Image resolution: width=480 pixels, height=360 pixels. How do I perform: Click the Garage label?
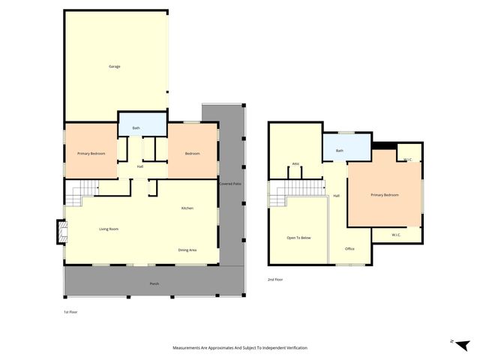(114, 67)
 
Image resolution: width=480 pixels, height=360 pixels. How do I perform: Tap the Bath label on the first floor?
(136, 128)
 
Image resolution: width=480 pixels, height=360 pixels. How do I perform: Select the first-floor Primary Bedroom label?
(91, 154)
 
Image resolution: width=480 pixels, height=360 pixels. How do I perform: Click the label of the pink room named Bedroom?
(192, 154)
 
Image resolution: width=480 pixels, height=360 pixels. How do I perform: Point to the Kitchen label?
(187, 208)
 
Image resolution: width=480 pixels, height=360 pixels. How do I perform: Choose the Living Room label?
(109, 229)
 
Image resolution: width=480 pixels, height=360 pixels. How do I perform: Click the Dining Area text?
(187, 250)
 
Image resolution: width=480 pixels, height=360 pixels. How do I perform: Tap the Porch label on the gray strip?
(154, 283)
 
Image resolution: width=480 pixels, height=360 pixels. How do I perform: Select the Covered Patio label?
(229, 184)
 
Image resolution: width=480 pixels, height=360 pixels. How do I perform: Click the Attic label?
(296, 163)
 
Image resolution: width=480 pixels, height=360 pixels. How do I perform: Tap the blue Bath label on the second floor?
(340, 151)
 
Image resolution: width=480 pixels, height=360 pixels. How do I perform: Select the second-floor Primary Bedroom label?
(385, 195)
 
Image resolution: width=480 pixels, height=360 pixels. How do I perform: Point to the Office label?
(349, 249)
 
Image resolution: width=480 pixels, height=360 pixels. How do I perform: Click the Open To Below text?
(298, 237)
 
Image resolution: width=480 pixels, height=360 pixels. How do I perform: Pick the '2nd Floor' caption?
(275, 280)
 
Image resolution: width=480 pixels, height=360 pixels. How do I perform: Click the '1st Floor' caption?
(70, 310)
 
